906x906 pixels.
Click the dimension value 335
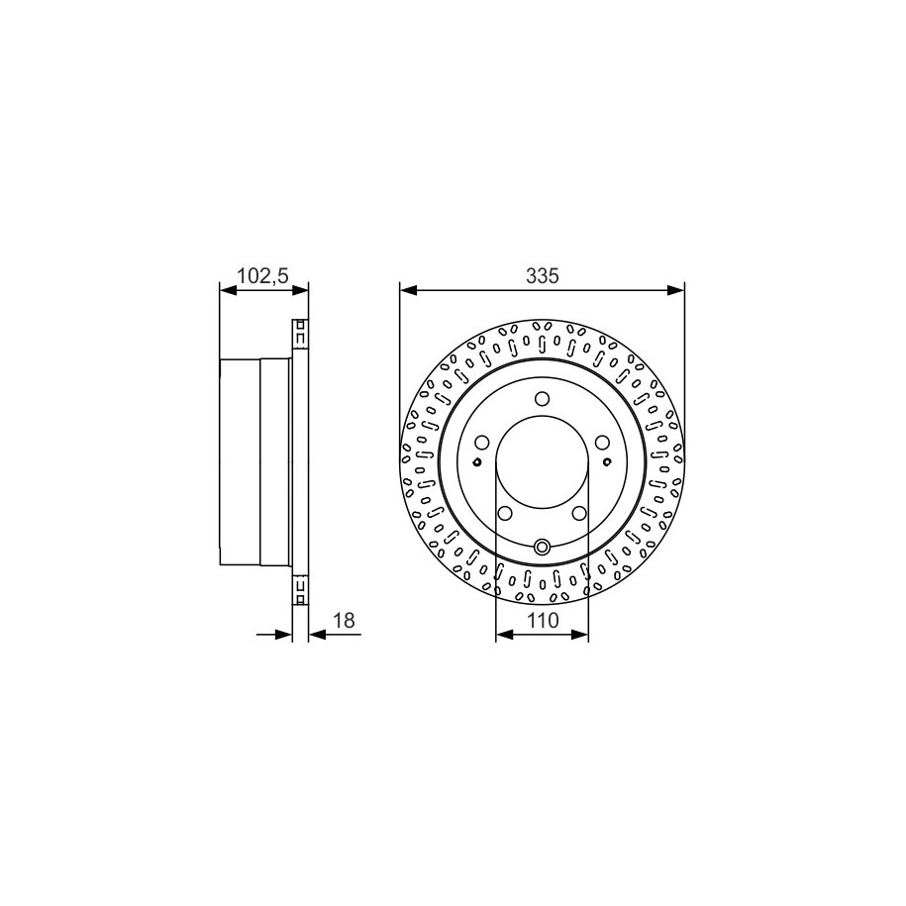point(542,276)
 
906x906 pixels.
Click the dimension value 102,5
point(263,276)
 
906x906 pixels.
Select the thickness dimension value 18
point(345,621)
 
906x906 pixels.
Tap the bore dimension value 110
point(543,621)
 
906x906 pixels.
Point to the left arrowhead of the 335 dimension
point(409,290)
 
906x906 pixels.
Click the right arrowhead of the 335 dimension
point(675,290)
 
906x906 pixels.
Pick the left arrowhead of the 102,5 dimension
point(229,290)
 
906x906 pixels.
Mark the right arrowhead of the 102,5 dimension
point(300,290)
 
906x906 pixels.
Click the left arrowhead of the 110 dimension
point(504,635)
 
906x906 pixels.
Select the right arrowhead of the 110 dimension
point(579,635)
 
